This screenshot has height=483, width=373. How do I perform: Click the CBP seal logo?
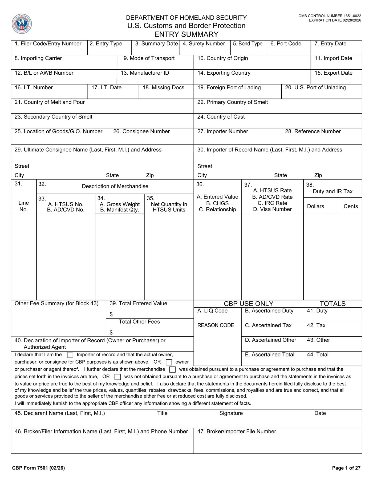coord(22,24)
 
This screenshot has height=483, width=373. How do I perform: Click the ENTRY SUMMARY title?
coord(186,34)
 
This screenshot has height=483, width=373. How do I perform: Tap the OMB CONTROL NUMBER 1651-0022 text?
coord(330,16)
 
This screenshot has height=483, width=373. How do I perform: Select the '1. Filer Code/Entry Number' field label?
coord(48,44)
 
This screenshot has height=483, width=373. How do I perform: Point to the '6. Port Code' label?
coord(286,44)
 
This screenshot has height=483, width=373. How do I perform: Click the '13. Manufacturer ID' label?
coord(145,73)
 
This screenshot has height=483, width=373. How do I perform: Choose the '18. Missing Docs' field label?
coord(163,88)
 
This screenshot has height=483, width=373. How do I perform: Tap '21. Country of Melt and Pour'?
coord(50,102)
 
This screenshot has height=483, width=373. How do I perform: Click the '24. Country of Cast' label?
coord(221,117)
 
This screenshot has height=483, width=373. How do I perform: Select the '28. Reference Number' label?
coord(313,132)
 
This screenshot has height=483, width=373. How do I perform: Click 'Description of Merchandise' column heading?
coord(115,186)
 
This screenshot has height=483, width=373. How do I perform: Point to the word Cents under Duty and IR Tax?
coord(351,206)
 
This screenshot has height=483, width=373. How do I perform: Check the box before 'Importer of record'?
coord(70,355)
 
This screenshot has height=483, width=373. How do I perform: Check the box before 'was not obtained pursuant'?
coord(117,377)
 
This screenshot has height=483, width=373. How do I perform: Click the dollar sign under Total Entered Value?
coord(111,315)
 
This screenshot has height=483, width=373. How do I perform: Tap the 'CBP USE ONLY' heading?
coord(248,304)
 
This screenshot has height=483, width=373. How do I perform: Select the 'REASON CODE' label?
coord(216,325)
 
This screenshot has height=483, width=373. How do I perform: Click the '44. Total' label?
coord(318,355)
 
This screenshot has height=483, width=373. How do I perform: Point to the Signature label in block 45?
coord(231,413)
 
